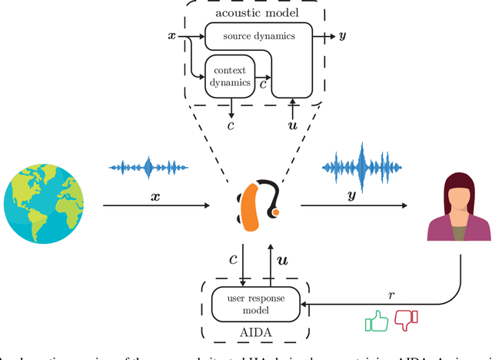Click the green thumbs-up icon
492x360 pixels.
376,320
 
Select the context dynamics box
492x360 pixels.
231,76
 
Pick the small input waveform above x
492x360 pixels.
149,167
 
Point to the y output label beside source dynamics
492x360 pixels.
341,36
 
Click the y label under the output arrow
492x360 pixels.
353,195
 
